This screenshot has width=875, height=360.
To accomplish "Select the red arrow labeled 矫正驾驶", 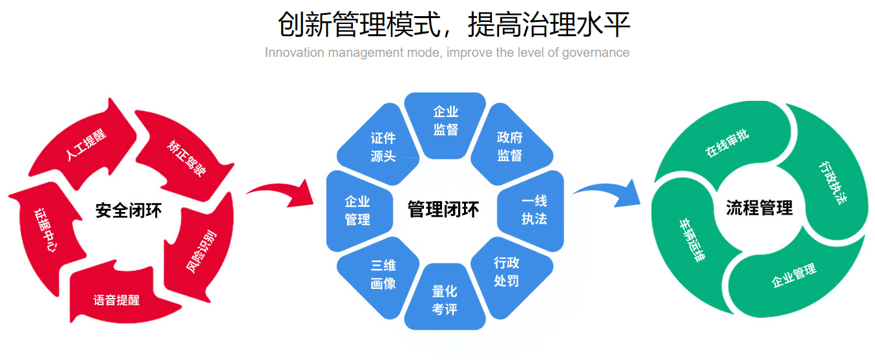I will pos(183,149).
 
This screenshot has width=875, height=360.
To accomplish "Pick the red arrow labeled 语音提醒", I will pos(116,299).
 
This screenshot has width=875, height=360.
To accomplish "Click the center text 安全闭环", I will pos(129,211).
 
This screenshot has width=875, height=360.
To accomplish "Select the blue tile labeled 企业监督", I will pos(445,121).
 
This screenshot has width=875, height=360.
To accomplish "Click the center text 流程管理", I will pos(759,208).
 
